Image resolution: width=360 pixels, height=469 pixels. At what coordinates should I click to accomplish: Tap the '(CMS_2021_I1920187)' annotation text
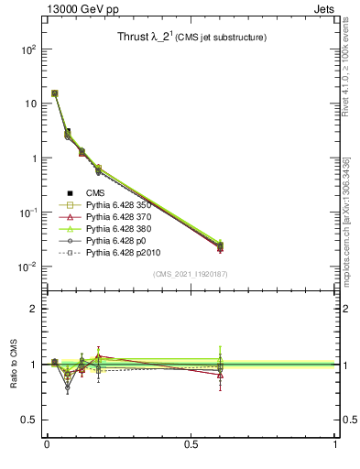pyautogui.click(x=191, y=274)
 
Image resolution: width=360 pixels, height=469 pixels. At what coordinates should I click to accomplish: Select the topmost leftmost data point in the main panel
pyautogui.click(x=55, y=93)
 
